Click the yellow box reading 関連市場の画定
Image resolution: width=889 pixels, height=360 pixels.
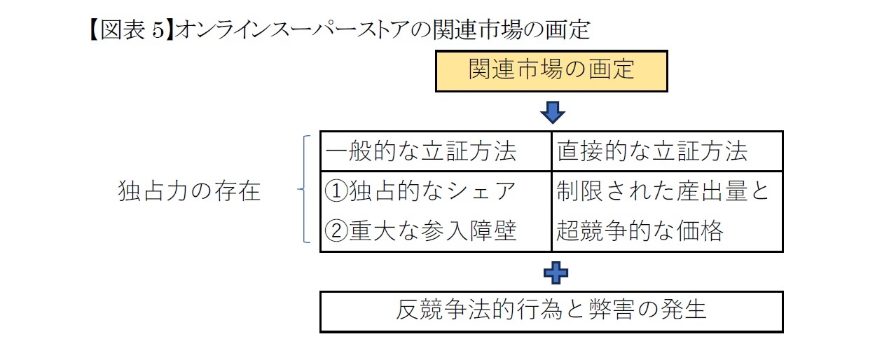coord(551,71)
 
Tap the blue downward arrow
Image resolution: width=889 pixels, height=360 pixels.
coord(552,112)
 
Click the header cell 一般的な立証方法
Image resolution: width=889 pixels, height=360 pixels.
coord(421,151)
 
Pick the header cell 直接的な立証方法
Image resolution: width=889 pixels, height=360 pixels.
coord(652,151)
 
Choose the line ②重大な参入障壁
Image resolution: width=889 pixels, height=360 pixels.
coord(421,230)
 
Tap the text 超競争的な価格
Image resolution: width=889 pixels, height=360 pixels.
coord(640,230)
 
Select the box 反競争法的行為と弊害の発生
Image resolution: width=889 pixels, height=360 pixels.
coord(551,310)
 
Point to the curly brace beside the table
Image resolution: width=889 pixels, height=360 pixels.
coord(303,190)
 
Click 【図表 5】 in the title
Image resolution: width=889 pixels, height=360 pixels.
coord(130,30)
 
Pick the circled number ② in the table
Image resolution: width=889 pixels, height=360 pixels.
coord(337,230)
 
